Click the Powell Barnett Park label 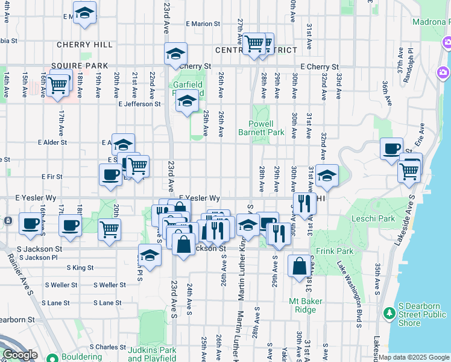pyautogui.click(x=261, y=128)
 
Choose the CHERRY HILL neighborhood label pyautogui.click(x=84, y=45)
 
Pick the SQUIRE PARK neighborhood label pyautogui.click(x=80, y=66)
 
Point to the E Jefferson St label pyautogui.click(x=140, y=104)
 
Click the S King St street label pyautogui.click(x=80, y=267)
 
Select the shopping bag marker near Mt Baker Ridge pyautogui.click(x=299, y=265)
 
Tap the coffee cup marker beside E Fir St pyautogui.click(x=110, y=174)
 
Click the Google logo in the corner pyautogui.click(x=20, y=355)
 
